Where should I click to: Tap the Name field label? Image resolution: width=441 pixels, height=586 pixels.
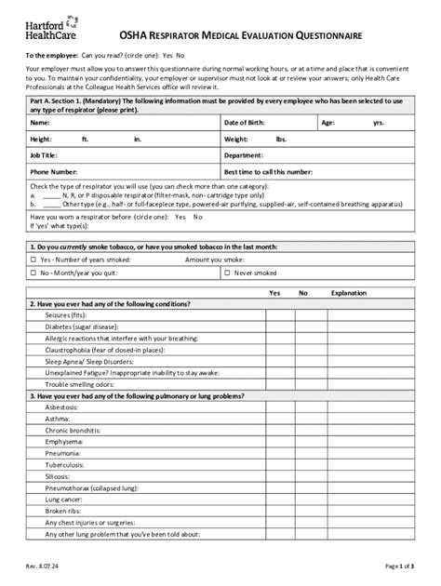coord(40,122)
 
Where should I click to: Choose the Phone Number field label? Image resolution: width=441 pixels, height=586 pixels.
coord(53,171)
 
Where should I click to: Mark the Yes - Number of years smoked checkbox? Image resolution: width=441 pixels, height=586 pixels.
coord(34,260)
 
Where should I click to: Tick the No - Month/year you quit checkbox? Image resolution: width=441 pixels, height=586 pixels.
coord(34,273)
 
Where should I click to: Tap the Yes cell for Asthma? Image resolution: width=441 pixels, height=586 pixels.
coord(274,420)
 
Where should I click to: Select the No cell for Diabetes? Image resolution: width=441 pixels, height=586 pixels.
coord(302,328)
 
